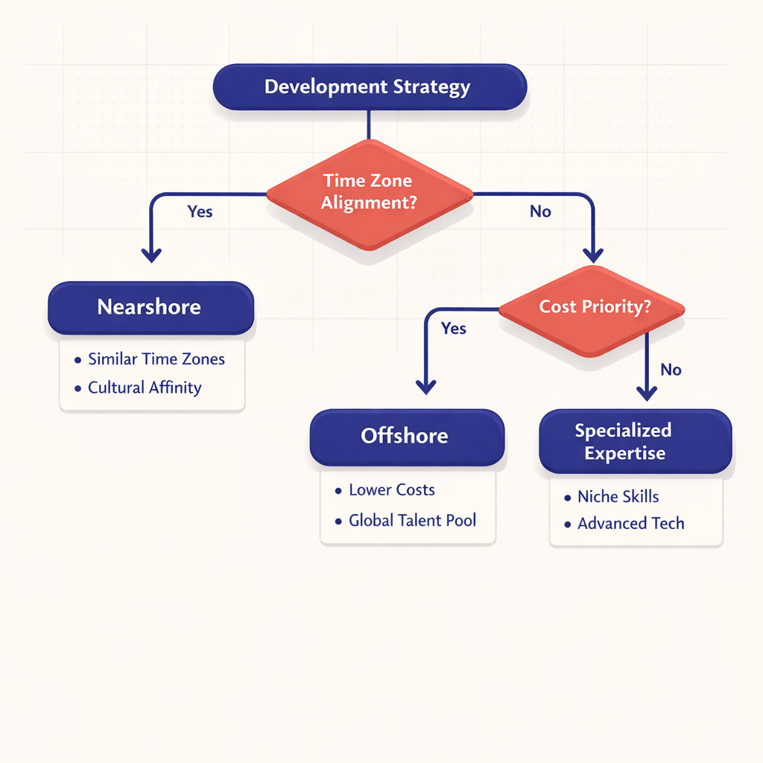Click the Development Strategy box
point(370,87)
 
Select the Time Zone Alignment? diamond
point(370,192)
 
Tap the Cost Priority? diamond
point(593,307)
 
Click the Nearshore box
point(151,307)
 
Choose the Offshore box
point(406,436)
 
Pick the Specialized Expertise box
point(635,441)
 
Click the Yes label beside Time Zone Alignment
point(200,212)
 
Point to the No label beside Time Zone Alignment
point(540,212)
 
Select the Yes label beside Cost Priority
point(453,329)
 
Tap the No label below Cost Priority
point(671,370)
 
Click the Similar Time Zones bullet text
point(156,359)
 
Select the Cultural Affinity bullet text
point(145,387)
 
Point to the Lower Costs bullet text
point(391,490)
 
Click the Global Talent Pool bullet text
point(412,520)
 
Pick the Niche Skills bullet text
point(618,497)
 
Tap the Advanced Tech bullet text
point(630,524)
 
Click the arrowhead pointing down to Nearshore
point(151,255)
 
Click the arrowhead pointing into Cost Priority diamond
point(593,255)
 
